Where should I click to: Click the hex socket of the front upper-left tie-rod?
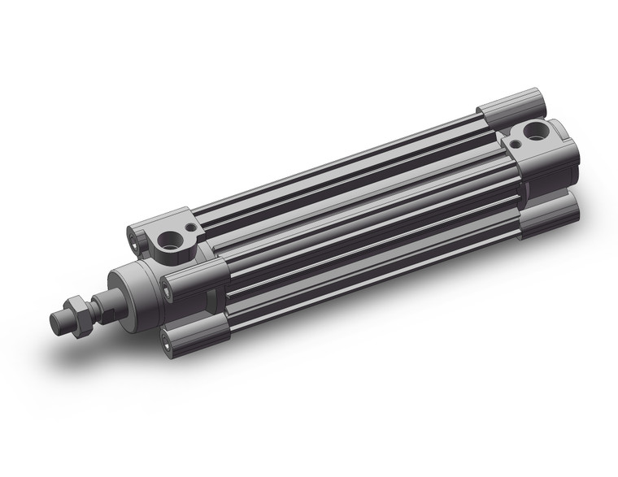[133, 237]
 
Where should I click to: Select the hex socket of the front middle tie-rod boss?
[167, 284]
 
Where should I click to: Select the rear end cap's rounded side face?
[561, 163]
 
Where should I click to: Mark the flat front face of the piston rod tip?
[58, 321]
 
